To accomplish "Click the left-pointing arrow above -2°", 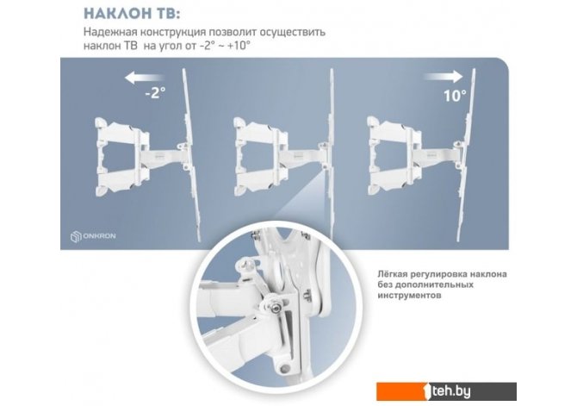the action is point(145,78).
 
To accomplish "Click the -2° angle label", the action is point(155,93).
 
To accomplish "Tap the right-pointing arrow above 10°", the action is point(443,76).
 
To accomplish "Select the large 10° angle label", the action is point(455,96).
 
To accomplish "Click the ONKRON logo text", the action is point(99,236).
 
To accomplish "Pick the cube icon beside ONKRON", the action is point(76,236).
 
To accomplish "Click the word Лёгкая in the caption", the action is point(392,274).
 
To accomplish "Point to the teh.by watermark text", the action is point(451,391).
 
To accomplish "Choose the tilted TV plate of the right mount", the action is point(466,155).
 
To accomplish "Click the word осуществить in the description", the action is point(293,33).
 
